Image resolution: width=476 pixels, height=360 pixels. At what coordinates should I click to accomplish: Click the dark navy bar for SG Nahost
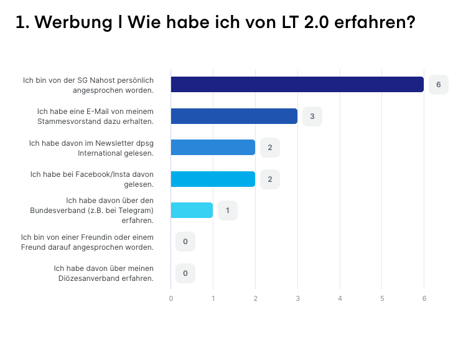[x=297, y=85]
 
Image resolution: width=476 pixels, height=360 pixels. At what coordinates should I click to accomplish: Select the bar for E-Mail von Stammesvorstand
[x=234, y=116]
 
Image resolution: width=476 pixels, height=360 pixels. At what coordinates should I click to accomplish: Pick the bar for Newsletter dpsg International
[x=213, y=148]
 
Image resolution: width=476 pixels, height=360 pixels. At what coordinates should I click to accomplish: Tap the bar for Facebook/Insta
[x=213, y=179]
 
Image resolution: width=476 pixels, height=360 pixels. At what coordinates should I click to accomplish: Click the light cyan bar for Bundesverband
[x=192, y=211]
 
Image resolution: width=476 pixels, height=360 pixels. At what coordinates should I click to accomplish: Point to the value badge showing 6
[x=439, y=85]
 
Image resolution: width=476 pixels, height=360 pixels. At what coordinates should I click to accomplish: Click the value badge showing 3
[x=312, y=116]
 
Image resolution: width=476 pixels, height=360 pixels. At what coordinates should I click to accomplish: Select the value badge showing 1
[x=228, y=211]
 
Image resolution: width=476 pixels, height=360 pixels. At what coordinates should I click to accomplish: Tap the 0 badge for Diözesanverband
[x=185, y=273]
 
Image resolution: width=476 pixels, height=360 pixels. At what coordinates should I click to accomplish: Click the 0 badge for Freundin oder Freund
[x=185, y=242]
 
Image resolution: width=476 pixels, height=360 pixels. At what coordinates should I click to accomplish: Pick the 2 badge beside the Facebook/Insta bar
[x=270, y=179]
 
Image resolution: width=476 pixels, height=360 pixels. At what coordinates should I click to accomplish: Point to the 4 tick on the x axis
[x=340, y=298]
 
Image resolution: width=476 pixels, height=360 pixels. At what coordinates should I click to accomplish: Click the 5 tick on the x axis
[x=382, y=298]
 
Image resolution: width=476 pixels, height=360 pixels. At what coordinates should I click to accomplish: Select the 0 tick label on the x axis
[x=171, y=298]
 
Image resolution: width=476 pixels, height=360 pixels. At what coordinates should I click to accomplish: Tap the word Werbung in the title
[x=73, y=22]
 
